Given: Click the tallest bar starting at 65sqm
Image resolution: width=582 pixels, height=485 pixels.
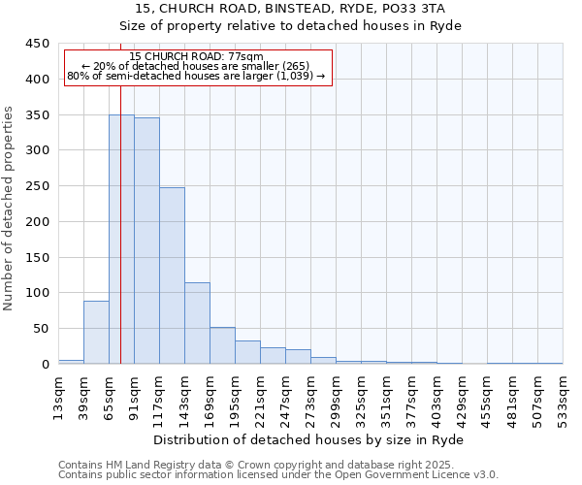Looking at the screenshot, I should (x=121, y=239).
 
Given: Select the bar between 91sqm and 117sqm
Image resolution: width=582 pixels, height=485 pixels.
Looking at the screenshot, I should (x=146, y=241).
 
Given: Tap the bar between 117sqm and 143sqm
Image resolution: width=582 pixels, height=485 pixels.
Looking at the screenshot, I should (x=172, y=275).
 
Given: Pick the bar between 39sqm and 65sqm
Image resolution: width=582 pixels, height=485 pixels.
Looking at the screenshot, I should (x=96, y=332).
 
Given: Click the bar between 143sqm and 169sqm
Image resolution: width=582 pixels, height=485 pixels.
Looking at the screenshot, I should (x=197, y=323).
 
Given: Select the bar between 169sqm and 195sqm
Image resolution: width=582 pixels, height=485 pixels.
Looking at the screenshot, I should (x=222, y=345).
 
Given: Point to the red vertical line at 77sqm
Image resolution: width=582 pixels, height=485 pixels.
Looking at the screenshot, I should (x=120, y=194).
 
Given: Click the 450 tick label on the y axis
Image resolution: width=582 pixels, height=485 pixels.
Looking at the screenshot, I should (x=38, y=44).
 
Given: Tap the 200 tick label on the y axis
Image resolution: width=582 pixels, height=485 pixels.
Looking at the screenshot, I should (x=38, y=222).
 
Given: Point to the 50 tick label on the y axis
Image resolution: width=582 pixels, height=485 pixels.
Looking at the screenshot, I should (x=42, y=329).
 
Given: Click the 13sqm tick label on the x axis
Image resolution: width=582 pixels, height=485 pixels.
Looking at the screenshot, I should (x=58, y=395).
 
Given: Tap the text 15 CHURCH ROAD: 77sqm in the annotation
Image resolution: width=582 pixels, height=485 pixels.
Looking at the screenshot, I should (x=196, y=56).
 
